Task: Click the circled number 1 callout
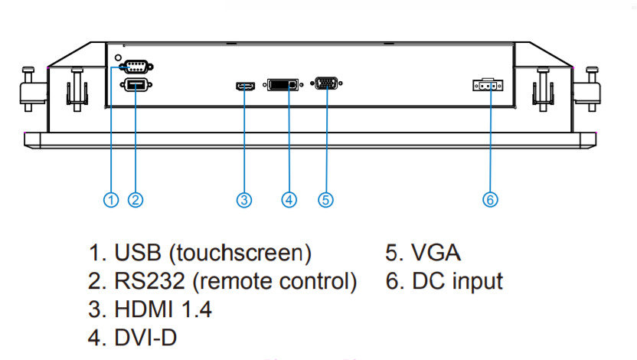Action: (x=112, y=200)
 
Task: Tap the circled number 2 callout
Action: (x=136, y=200)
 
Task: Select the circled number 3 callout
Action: (x=244, y=200)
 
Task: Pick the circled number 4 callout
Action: (x=289, y=200)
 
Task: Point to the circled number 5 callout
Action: (x=326, y=200)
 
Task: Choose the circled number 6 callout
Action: (x=490, y=200)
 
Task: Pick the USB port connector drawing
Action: (x=136, y=85)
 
